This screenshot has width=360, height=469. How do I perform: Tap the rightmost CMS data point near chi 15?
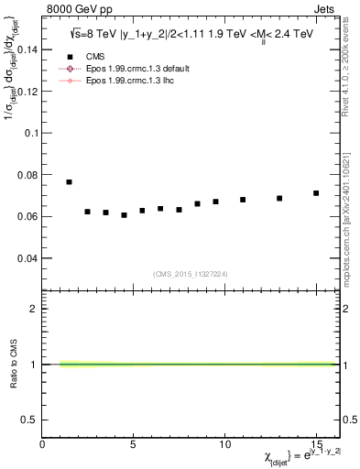(x=316, y=193)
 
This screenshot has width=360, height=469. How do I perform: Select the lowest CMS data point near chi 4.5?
(x=124, y=215)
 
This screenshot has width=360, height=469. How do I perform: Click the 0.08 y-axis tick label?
(x=27, y=175)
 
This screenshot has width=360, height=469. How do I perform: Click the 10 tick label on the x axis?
(x=224, y=444)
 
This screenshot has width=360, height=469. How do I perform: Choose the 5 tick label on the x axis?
(x=134, y=444)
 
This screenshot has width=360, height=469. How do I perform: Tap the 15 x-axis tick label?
(x=316, y=444)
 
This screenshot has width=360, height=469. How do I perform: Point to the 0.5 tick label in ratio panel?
(x=28, y=420)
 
